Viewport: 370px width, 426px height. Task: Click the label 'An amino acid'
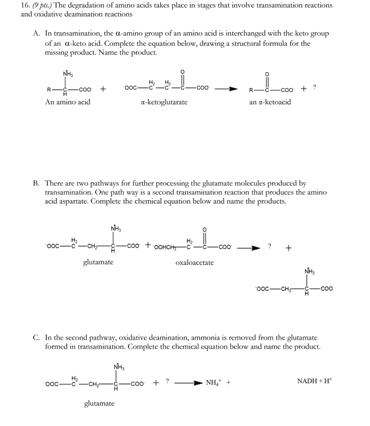67,102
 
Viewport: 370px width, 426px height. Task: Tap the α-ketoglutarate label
164,102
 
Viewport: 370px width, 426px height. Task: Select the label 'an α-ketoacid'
270,102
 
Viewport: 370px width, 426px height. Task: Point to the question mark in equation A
314,87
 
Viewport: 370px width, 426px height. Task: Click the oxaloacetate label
195,262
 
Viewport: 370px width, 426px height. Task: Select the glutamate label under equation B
98,262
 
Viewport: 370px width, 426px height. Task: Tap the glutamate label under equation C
99,404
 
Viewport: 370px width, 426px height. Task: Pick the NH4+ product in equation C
214,382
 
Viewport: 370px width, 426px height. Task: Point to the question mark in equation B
270,246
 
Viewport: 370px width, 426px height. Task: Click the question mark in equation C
167,381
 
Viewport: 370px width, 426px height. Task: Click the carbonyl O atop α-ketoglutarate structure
182,72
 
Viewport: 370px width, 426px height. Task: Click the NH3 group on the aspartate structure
309,272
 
